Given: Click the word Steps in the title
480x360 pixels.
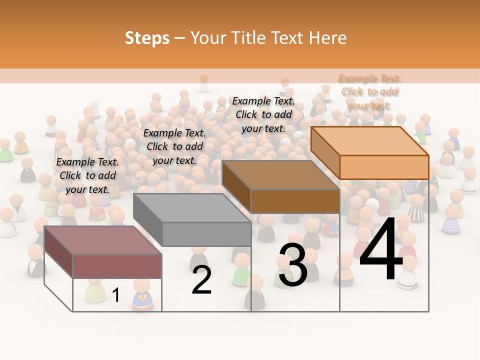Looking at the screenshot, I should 147,38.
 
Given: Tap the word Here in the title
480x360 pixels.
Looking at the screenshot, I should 327,38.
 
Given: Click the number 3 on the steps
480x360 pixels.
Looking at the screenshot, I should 293,265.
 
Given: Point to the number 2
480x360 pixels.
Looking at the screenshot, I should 201,280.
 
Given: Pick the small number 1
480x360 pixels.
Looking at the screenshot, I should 116,295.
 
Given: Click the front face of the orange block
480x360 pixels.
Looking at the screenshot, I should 384,167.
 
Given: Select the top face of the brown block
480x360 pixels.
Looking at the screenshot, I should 280,175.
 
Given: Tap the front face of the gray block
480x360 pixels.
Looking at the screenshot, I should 206,234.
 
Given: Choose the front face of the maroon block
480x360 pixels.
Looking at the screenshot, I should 117,266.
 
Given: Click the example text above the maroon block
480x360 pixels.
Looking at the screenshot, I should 87,175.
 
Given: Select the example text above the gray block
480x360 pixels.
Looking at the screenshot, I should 174,146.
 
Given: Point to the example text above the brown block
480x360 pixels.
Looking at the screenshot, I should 263,114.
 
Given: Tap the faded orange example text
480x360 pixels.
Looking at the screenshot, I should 369,91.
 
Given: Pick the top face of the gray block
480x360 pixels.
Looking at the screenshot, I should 192,207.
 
